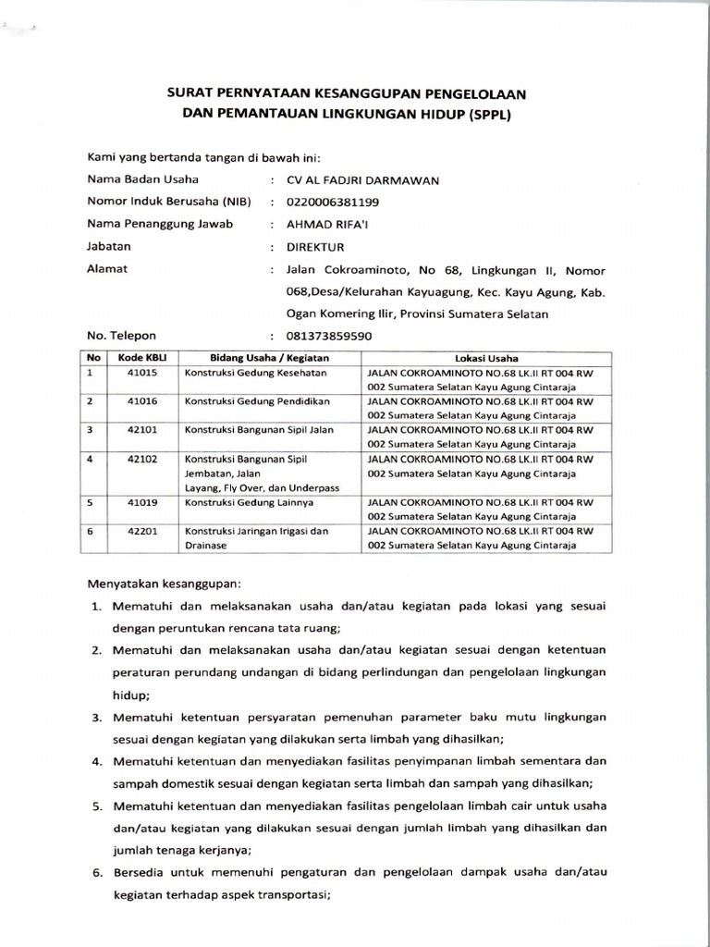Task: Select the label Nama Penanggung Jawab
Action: click(160, 224)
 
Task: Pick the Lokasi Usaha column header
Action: click(486, 358)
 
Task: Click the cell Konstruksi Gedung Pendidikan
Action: click(257, 401)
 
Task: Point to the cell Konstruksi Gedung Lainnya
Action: click(250, 502)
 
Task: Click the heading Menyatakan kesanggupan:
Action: click(164, 584)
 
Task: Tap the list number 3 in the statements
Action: click(96, 717)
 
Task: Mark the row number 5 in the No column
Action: click(91, 502)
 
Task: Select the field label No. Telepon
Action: click(122, 337)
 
